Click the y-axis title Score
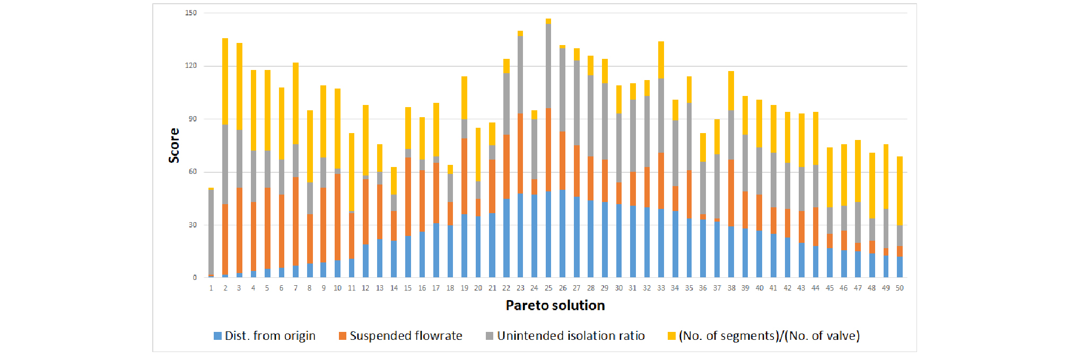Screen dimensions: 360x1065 (174, 145)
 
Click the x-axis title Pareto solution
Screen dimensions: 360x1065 (555, 305)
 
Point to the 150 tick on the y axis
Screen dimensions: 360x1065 (191, 13)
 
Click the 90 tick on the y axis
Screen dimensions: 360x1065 (193, 119)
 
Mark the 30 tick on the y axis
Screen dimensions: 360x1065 (193, 225)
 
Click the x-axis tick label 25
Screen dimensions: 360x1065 (548, 288)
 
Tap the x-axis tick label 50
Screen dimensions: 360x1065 (900, 288)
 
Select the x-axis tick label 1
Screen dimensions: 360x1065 (211, 288)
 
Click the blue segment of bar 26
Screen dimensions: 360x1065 (562, 233)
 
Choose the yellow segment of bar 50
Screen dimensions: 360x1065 (900, 191)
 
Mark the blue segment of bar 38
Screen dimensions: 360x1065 (731, 252)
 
